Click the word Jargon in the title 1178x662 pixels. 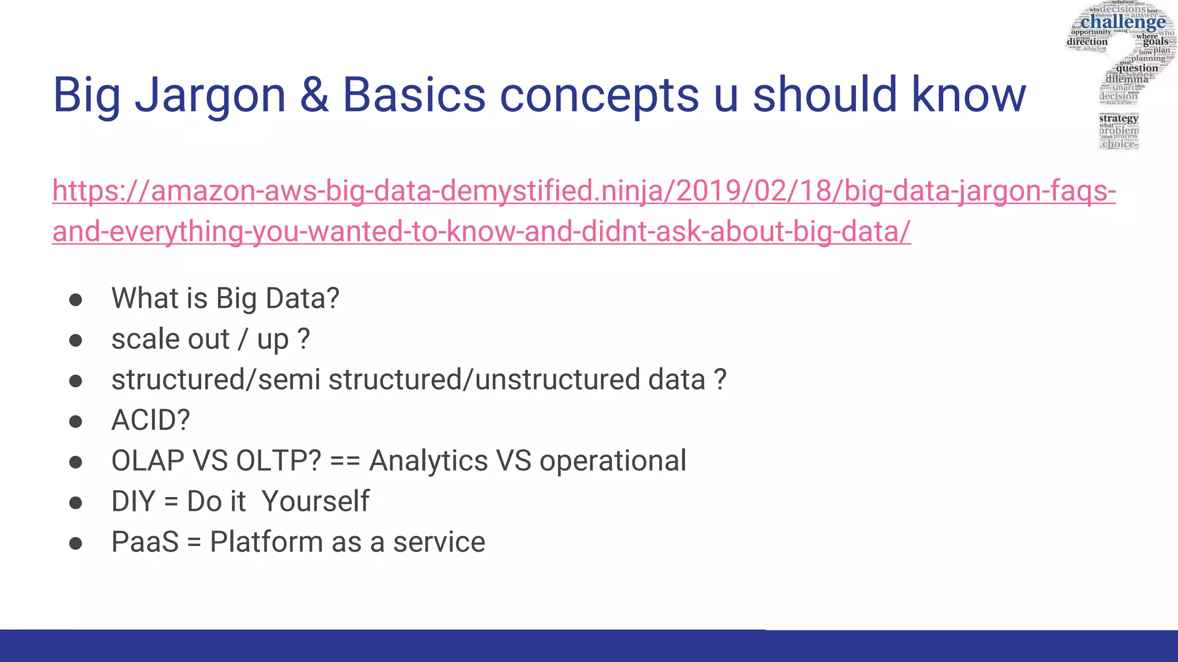point(210,95)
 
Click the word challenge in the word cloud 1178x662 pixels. point(1123,22)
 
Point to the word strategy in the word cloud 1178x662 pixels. point(1118,118)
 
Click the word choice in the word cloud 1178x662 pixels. point(1118,144)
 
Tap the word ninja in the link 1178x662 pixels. point(631,191)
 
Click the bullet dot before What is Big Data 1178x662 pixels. point(75,299)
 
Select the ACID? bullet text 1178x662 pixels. point(151,420)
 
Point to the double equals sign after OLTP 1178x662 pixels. point(345,461)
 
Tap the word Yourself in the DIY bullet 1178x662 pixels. point(315,501)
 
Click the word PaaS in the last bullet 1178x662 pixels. point(145,542)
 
